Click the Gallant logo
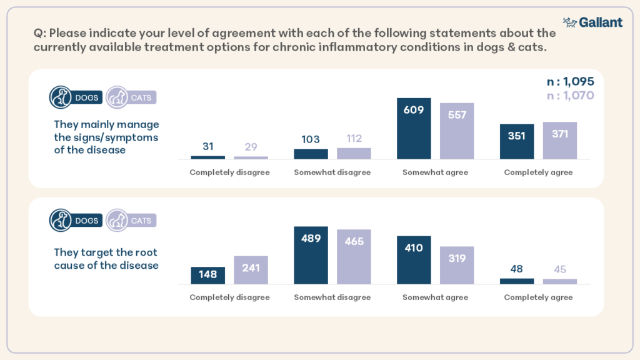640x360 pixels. (x=592, y=22)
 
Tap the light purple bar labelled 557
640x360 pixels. (x=457, y=131)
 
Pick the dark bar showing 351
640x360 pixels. (x=517, y=141)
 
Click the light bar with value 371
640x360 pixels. (x=559, y=141)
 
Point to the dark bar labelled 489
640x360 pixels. (x=311, y=256)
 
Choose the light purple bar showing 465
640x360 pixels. (x=354, y=257)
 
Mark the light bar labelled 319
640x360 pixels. (x=457, y=266)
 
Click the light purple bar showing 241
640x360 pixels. (x=251, y=270)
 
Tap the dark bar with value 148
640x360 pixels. (x=207, y=276)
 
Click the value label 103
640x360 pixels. (x=311, y=139)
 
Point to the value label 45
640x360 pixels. (x=559, y=269)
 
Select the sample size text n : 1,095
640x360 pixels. (x=570, y=82)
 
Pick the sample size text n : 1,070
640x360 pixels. (x=570, y=96)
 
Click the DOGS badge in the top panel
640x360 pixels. (x=76, y=97)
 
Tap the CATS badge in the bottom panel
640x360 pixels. (x=131, y=221)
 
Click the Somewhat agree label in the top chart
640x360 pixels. (x=435, y=172)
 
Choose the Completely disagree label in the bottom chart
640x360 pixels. (x=229, y=297)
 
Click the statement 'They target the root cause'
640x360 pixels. (x=106, y=259)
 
